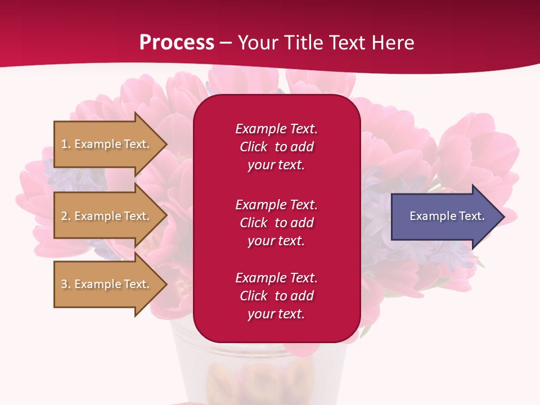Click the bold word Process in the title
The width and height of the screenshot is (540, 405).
coord(177,43)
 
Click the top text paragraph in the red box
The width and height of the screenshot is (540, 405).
coord(276,147)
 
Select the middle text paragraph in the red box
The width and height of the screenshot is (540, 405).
coord(276,223)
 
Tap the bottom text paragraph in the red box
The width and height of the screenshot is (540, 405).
coord(276,296)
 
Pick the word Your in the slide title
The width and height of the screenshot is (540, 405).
coord(256,43)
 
